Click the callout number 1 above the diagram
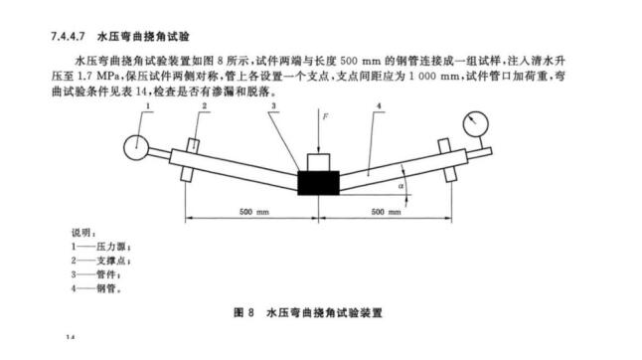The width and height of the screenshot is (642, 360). (x=145, y=104)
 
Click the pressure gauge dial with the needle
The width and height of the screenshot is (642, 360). (x=470, y=125)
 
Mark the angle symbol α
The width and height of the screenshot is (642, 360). (x=400, y=184)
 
